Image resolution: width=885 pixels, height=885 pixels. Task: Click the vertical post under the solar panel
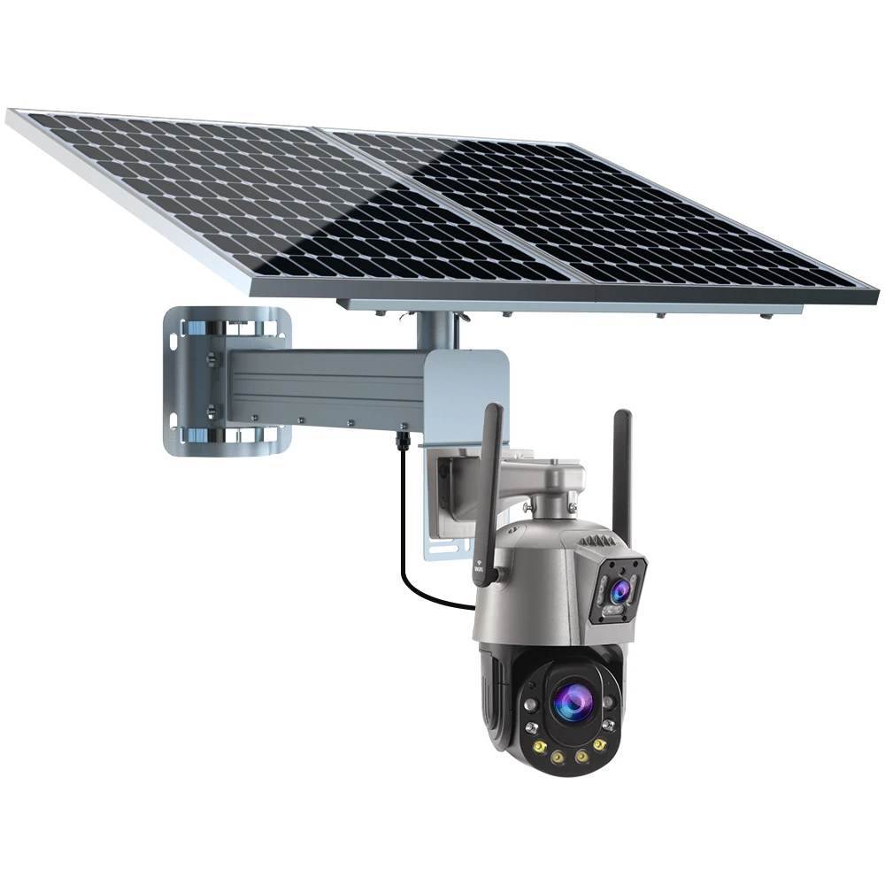(435, 331)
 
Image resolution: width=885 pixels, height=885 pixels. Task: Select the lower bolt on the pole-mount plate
(212, 409)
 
